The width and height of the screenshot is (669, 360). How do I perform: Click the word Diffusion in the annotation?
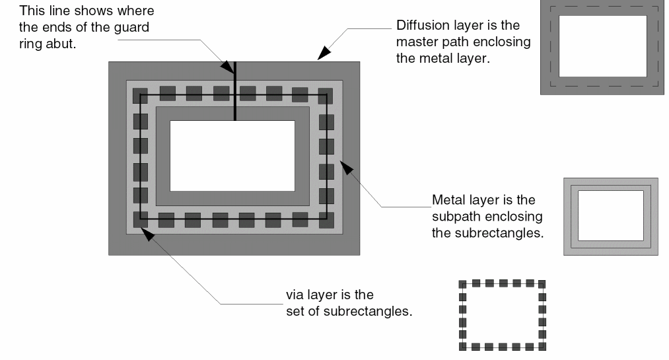pyautogui.click(x=422, y=26)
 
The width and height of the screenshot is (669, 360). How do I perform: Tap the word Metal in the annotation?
pyautogui.click(x=448, y=199)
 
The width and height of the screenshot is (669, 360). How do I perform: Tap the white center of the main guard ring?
pyautogui.click(x=232, y=155)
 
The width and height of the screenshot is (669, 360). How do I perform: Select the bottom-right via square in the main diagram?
pyautogui.click(x=326, y=219)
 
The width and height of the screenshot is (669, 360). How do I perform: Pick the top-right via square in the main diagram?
pyautogui.click(x=325, y=94)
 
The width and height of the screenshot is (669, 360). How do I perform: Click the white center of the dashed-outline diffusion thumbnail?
pyautogui.click(x=602, y=46)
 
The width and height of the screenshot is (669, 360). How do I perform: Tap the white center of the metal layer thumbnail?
pyautogui.click(x=610, y=215)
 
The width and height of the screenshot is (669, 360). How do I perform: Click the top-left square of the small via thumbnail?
pyautogui.click(x=462, y=284)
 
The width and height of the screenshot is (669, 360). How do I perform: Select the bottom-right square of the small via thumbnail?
pyautogui.click(x=542, y=346)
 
